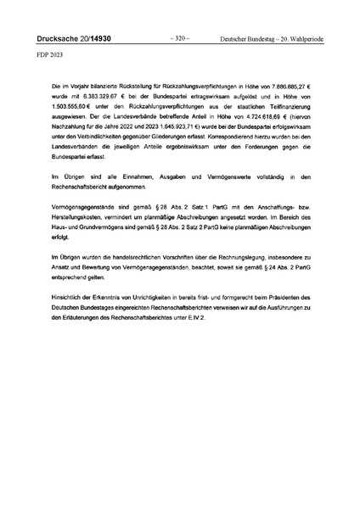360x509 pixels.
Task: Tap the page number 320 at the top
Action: tap(179, 39)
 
